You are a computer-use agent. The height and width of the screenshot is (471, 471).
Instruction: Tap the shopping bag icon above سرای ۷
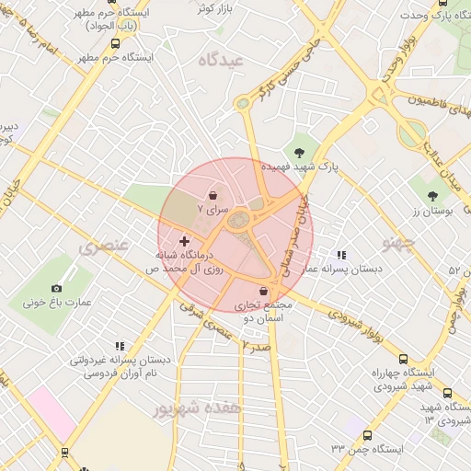pyautogui.click(x=213, y=196)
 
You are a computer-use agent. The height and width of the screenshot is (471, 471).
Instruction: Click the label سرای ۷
pyautogui.click(x=213, y=211)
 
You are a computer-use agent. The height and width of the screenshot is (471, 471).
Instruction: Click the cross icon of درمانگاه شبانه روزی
pyautogui.click(x=184, y=241)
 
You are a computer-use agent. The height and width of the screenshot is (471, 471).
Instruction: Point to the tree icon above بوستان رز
pyautogui.click(x=432, y=195)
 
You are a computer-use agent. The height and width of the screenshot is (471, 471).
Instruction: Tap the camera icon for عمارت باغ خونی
pyautogui.click(x=57, y=289)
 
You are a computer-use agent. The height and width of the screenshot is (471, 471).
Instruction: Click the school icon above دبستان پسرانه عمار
pyautogui.click(x=341, y=255)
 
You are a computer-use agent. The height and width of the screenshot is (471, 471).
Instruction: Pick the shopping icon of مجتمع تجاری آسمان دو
pyautogui.click(x=264, y=292)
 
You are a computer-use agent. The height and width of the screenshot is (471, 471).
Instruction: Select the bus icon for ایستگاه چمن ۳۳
pyautogui.click(x=368, y=435)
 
